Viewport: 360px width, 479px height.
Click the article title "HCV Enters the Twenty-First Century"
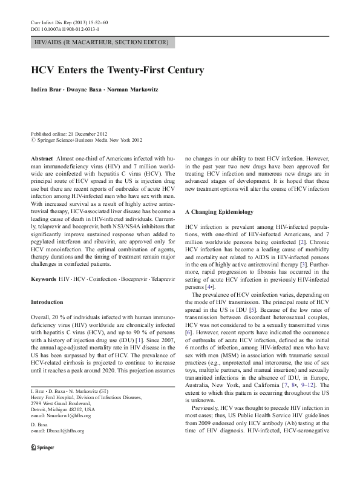click(117, 70)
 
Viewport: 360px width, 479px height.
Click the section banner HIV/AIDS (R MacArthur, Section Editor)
click(101, 42)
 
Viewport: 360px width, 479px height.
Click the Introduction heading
click(47, 319)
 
